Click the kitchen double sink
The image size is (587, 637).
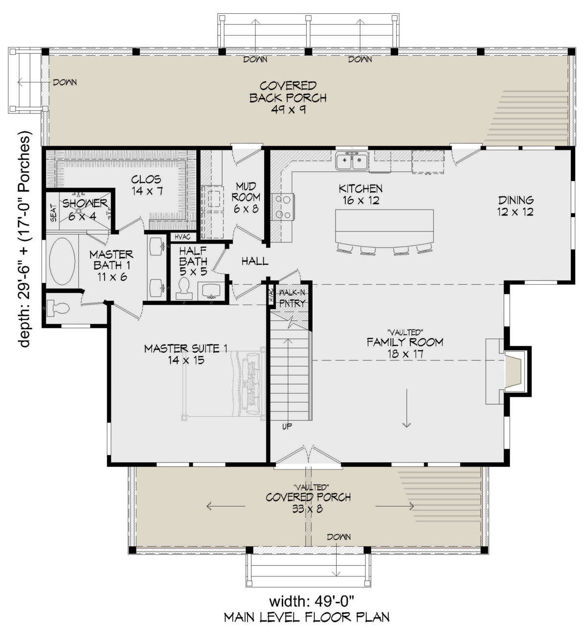tap(352, 161)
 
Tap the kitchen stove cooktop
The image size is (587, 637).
tap(283, 207)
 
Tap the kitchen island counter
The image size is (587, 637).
tap(384, 228)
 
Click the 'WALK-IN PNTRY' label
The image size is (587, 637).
tap(292, 298)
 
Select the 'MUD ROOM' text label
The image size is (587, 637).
tap(246, 191)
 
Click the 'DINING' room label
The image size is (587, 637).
tap(516, 200)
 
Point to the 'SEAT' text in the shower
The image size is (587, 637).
tap(53, 213)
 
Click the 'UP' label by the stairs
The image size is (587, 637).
tap(287, 426)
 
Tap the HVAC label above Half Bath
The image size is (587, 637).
tap(182, 237)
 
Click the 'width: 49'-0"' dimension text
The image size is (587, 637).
tap(312, 601)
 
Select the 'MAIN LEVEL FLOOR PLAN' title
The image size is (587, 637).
tap(307, 617)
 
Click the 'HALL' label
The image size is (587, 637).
tap(255, 261)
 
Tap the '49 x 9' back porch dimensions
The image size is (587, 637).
tap(289, 109)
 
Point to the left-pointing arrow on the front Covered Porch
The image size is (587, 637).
tap(226, 506)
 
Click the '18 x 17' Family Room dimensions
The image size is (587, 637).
tap(405, 354)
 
